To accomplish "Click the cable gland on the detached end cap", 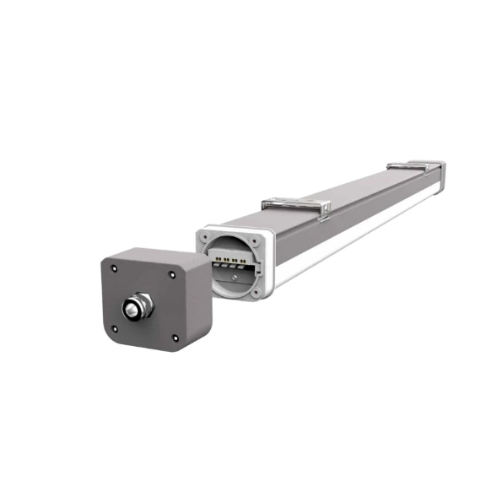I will coord(134,308).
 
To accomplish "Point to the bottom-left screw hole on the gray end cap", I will coord(116,330).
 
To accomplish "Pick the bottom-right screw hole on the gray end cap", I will coord(175,338).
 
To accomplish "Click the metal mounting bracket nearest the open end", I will coord(295,203).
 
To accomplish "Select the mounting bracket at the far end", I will coord(413,166).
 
